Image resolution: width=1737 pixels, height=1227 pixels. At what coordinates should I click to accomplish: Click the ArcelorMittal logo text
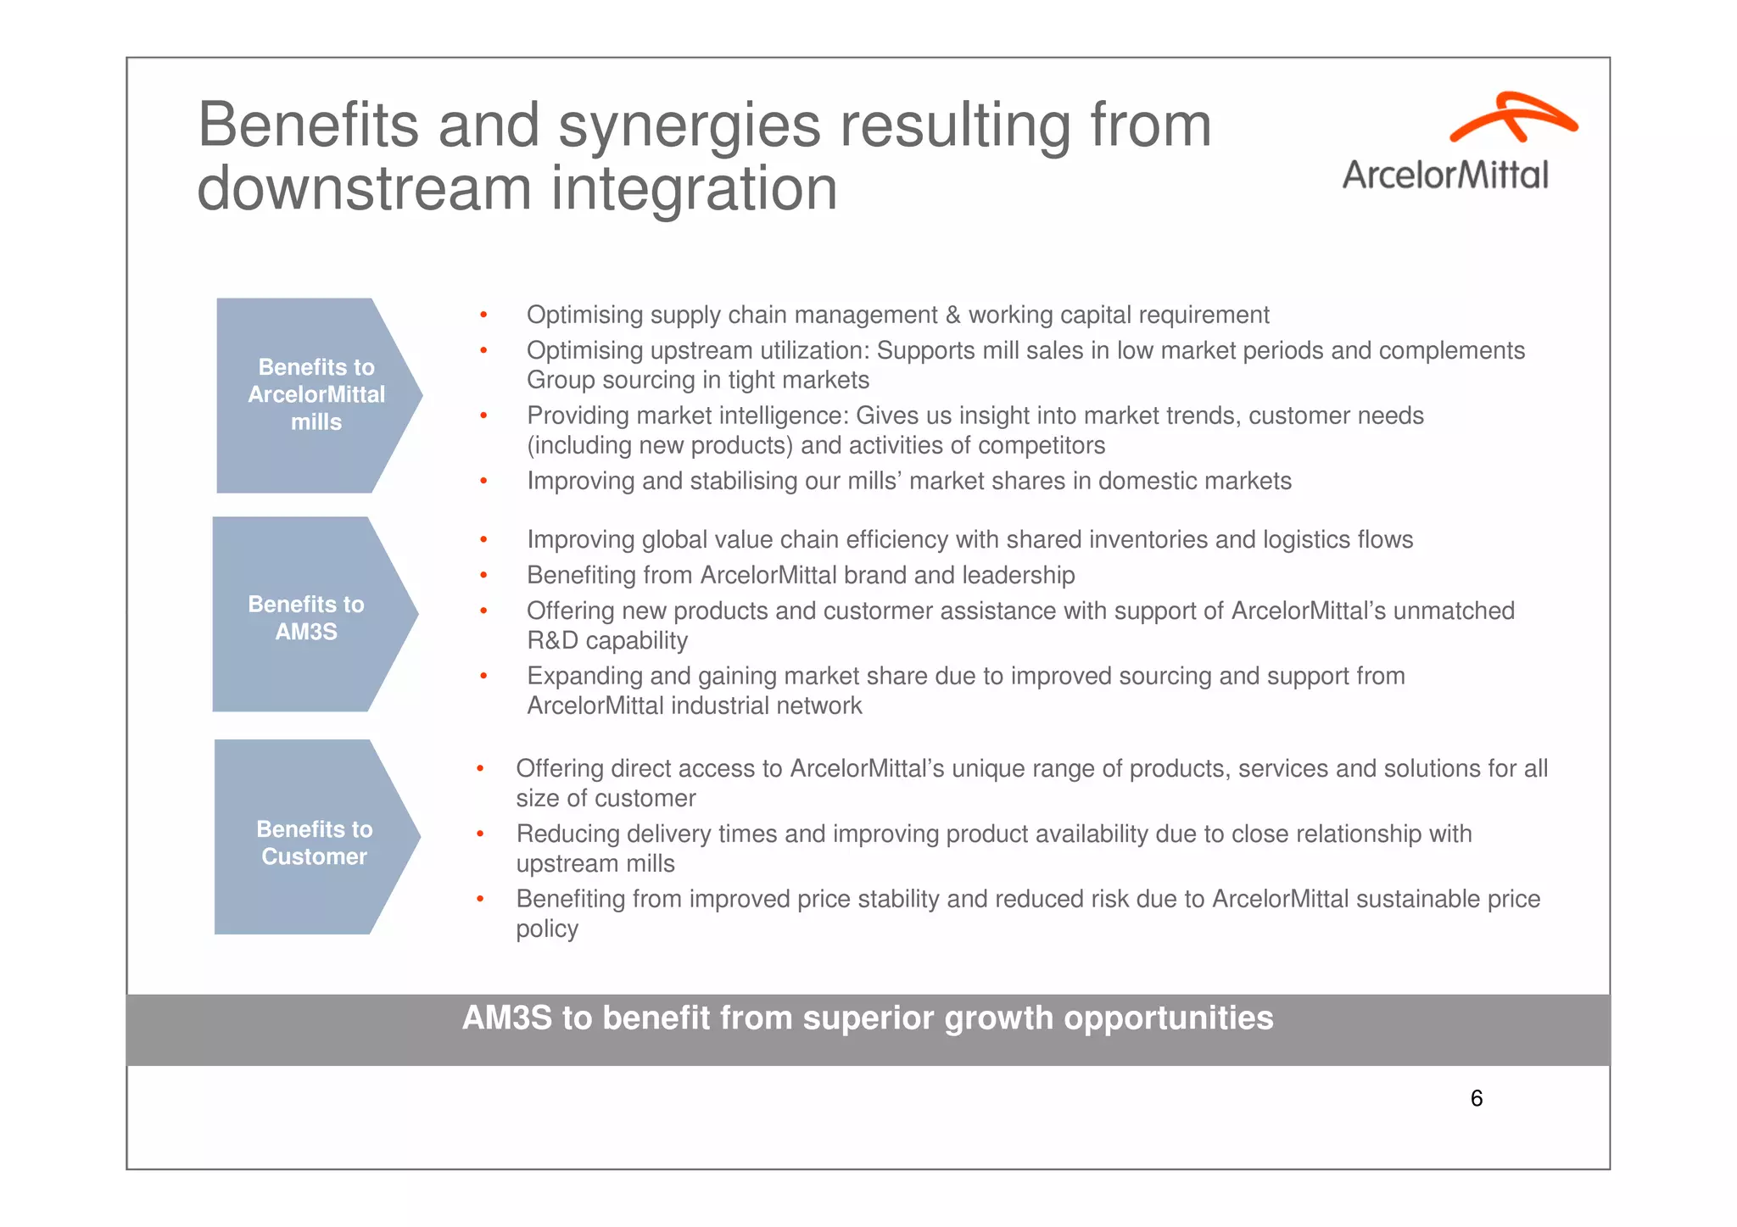pos(1445,175)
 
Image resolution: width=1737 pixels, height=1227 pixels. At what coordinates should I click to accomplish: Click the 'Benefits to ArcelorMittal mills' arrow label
pos(316,394)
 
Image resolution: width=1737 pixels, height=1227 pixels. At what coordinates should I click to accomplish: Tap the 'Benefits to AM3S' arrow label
pos(306,617)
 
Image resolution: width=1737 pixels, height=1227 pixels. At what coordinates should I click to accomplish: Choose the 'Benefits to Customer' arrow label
pos(314,842)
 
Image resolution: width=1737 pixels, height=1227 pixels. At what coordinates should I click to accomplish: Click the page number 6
pos(1476,1098)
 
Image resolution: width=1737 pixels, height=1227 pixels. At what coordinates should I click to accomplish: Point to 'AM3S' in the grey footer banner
pos(506,1018)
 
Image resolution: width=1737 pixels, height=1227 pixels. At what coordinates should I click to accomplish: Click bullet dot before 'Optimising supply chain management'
pos(483,315)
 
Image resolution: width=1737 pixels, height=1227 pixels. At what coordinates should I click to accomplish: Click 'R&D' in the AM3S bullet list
pos(553,640)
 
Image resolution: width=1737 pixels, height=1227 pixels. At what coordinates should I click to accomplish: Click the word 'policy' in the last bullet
pos(546,929)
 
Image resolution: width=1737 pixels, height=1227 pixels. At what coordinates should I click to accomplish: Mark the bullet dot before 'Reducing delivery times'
pos(480,834)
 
